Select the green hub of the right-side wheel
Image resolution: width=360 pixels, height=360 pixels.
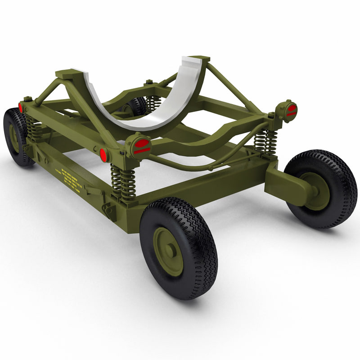318,191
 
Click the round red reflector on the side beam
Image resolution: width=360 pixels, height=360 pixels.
103,155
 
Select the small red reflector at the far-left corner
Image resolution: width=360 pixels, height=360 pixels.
21,108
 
